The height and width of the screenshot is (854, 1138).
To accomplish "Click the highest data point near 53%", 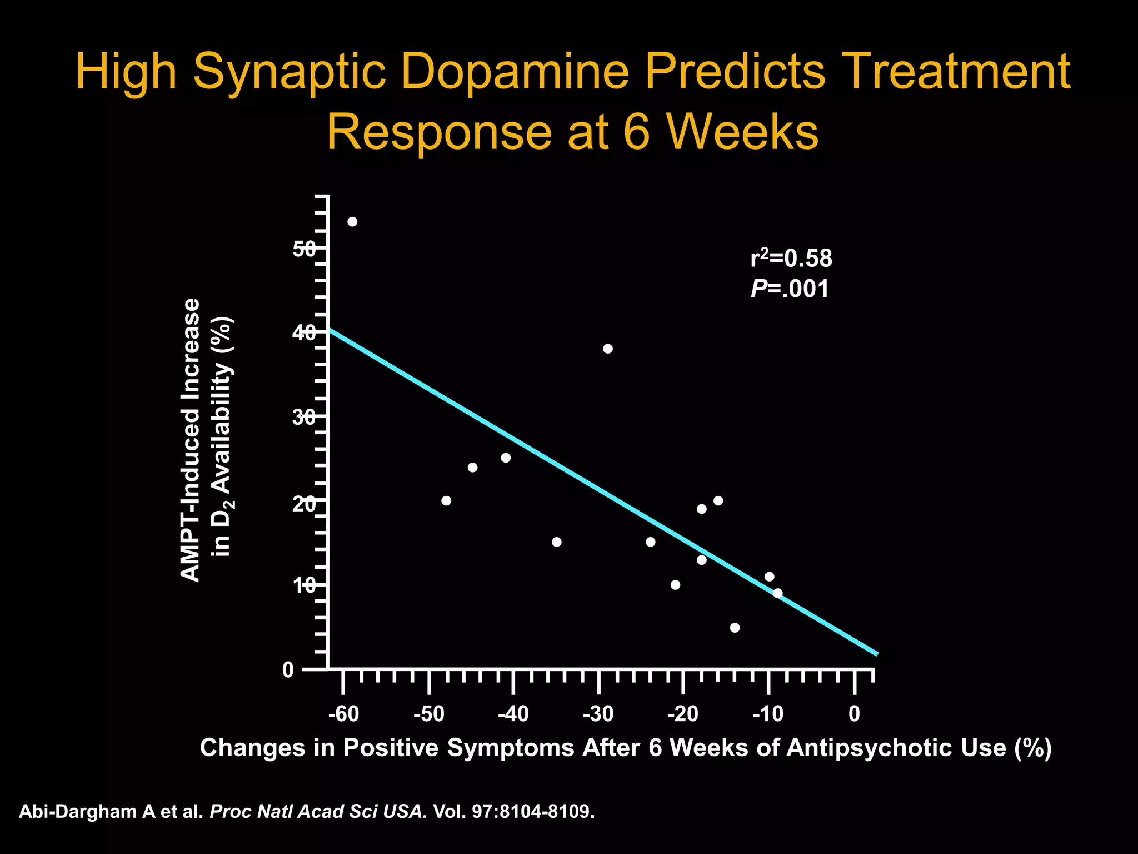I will click(352, 222).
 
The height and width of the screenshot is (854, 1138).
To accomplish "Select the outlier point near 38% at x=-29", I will click(608, 349).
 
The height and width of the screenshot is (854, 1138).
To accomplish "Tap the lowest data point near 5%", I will click(735, 628).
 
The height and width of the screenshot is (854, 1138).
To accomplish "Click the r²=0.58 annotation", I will click(791, 258).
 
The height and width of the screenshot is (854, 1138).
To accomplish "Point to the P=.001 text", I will click(790, 289).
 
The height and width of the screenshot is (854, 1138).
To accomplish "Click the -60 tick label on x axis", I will click(343, 714).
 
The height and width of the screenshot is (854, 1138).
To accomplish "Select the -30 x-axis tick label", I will click(598, 714).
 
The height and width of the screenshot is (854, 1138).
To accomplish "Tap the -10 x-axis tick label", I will click(768, 714).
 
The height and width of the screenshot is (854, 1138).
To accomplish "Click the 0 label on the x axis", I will click(855, 714).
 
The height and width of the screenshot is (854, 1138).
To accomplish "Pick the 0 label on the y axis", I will click(288, 671).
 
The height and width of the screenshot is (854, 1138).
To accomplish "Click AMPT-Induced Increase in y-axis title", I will click(191, 440).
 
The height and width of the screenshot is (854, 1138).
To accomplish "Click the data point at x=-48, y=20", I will click(446, 500).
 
